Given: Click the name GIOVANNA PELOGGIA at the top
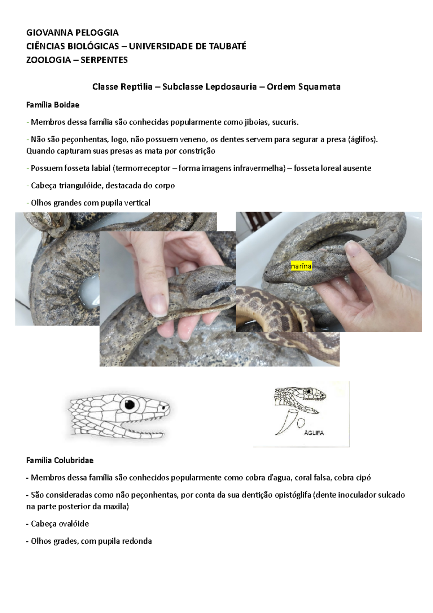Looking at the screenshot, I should [72, 33].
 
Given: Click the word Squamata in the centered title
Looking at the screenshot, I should [321, 87].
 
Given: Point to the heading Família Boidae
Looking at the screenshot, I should [53, 105].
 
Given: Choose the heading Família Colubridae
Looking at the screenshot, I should [60, 460].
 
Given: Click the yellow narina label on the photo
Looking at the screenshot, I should [301, 266].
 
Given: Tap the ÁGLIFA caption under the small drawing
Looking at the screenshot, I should [314, 433].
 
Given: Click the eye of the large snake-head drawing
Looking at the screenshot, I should [130, 404].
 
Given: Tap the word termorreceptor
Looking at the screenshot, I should [143, 169].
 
